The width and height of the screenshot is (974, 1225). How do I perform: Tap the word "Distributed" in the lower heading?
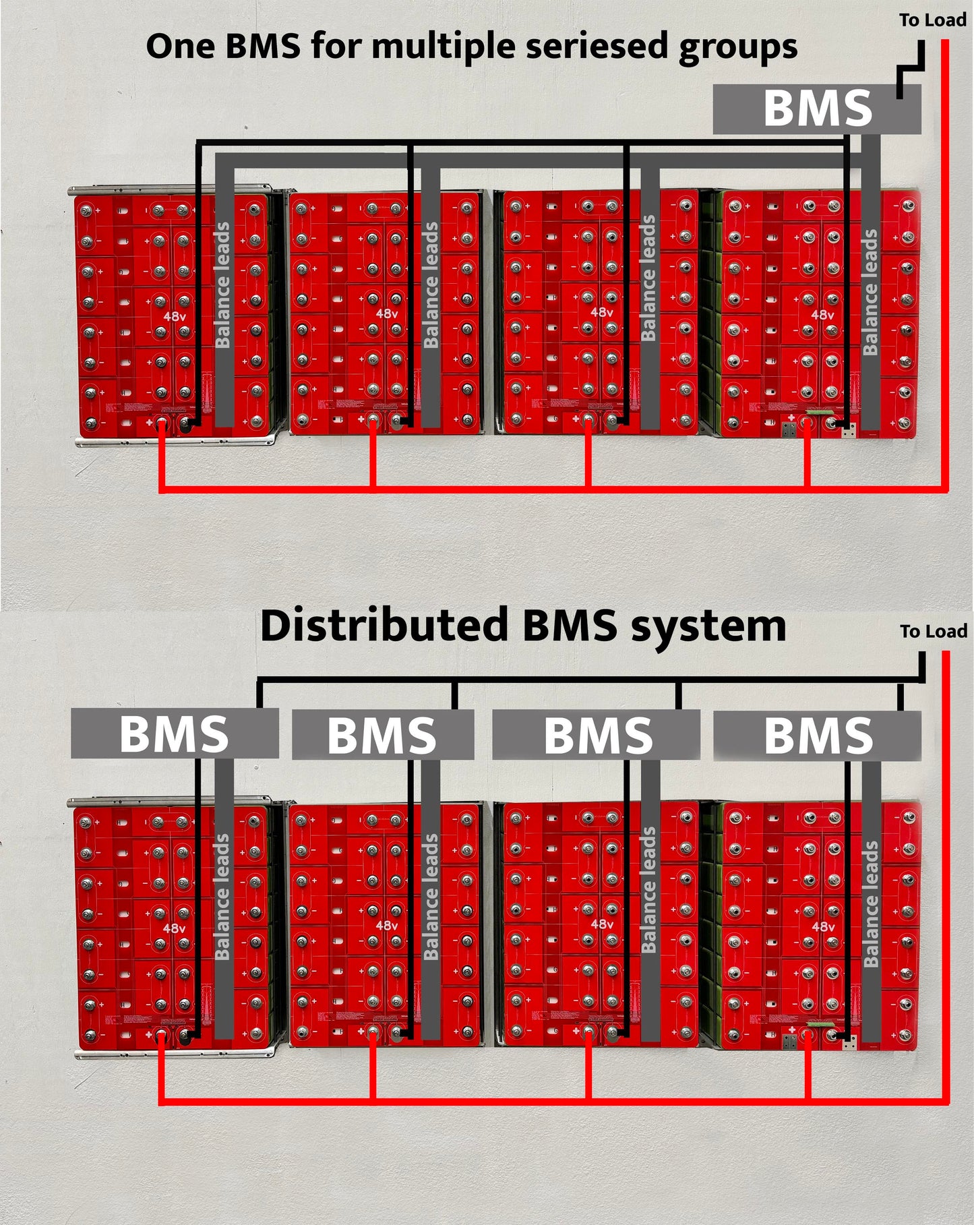tap(384, 626)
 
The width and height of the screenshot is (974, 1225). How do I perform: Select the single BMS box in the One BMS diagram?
tap(817, 109)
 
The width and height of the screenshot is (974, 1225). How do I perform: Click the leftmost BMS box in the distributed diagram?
tap(174, 734)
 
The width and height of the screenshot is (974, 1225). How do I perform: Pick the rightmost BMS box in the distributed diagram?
tap(817, 735)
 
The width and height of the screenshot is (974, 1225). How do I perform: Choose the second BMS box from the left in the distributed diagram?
tap(382, 735)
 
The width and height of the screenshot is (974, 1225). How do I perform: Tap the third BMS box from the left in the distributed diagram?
tap(597, 735)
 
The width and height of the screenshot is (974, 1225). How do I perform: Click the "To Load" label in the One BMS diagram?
tap(933, 20)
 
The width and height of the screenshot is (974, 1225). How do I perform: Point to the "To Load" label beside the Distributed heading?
tap(934, 632)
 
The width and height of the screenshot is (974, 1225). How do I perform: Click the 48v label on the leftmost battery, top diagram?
tap(175, 316)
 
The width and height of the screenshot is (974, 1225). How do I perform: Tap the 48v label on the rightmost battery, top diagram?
tap(822, 315)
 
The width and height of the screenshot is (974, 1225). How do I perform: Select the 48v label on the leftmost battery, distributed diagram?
tap(174, 928)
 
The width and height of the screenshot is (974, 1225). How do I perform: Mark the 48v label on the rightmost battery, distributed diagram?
tap(823, 927)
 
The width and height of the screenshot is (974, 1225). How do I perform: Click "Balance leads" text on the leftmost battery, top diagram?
tap(222, 285)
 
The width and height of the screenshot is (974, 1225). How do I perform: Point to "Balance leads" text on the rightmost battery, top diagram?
tap(870, 292)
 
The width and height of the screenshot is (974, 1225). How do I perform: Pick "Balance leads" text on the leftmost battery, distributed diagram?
tap(222, 897)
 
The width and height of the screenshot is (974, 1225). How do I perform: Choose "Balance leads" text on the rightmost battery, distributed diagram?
tap(871, 903)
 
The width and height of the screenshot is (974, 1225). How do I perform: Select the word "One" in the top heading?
tap(179, 47)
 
